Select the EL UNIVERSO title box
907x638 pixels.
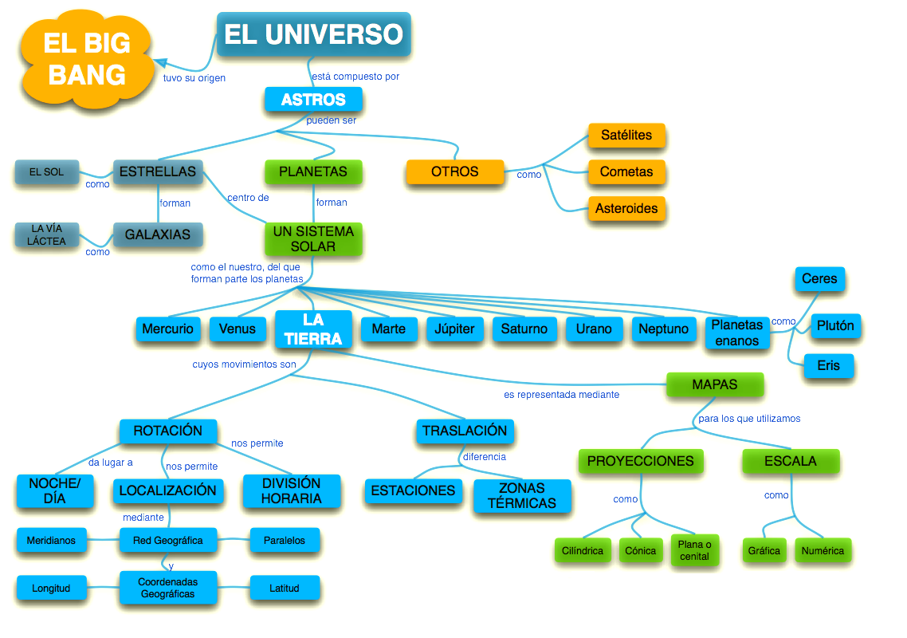coord(313,34)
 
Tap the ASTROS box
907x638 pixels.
coord(313,100)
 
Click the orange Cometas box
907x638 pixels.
coord(626,171)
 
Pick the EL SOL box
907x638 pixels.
coord(46,171)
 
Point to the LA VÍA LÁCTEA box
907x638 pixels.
coord(49,234)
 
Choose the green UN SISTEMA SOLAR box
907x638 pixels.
coord(313,239)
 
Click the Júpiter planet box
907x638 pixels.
coord(454,329)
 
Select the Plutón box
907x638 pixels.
coord(835,325)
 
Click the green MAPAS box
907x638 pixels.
coord(714,384)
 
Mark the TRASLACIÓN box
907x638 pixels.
coord(464,431)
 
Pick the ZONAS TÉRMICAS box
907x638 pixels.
coord(522,495)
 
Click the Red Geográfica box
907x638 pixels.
coord(167,540)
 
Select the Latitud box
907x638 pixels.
coord(284,589)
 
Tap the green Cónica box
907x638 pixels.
coord(640,550)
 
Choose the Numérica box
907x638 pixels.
coord(823,550)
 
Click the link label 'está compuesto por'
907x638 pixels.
coord(355,77)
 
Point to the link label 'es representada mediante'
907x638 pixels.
coord(561,394)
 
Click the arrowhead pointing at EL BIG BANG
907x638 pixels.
coord(160,62)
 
